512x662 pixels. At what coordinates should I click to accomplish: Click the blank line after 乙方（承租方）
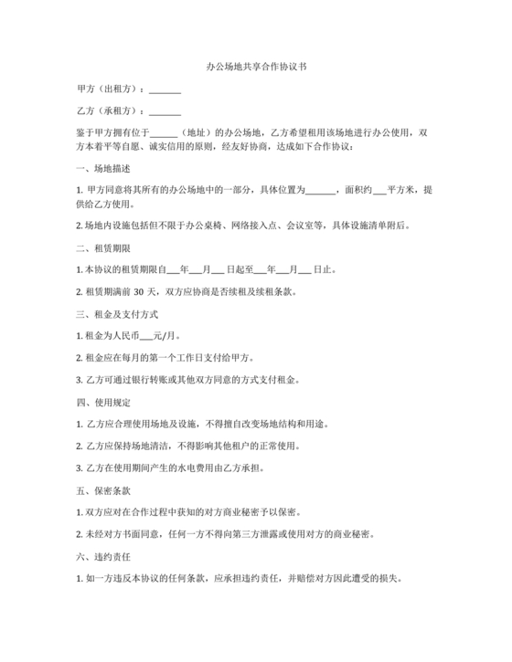click(x=165, y=112)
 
